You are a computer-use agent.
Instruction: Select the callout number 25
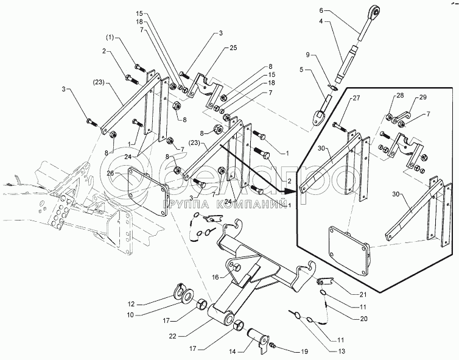point(234,48)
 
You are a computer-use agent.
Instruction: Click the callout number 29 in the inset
point(422,97)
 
